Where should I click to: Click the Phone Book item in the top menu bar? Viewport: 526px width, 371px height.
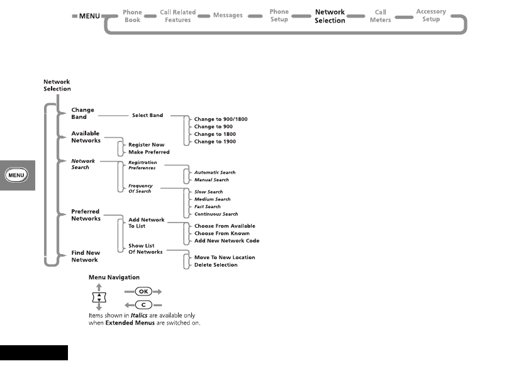[x=132, y=16]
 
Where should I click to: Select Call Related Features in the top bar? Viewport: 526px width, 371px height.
[x=177, y=16]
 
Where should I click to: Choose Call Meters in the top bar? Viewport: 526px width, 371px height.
[x=381, y=16]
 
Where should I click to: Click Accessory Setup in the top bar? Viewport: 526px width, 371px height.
[x=431, y=16]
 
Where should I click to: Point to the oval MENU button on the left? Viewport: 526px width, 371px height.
[x=16, y=174]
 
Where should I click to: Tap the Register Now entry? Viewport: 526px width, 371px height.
[x=147, y=145]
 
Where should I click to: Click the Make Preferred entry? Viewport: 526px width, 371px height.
[x=149, y=152]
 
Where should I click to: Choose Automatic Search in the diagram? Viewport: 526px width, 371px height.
[x=215, y=172]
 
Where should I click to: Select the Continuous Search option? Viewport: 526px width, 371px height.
[x=216, y=214]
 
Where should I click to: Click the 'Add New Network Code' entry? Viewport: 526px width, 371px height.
[x=227, y=241]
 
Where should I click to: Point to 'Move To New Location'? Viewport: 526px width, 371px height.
[x=225, y=257]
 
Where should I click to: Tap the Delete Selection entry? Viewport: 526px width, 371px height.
[x=216, y=265]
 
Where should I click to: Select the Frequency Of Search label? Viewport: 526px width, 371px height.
[x=140, y=189]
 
